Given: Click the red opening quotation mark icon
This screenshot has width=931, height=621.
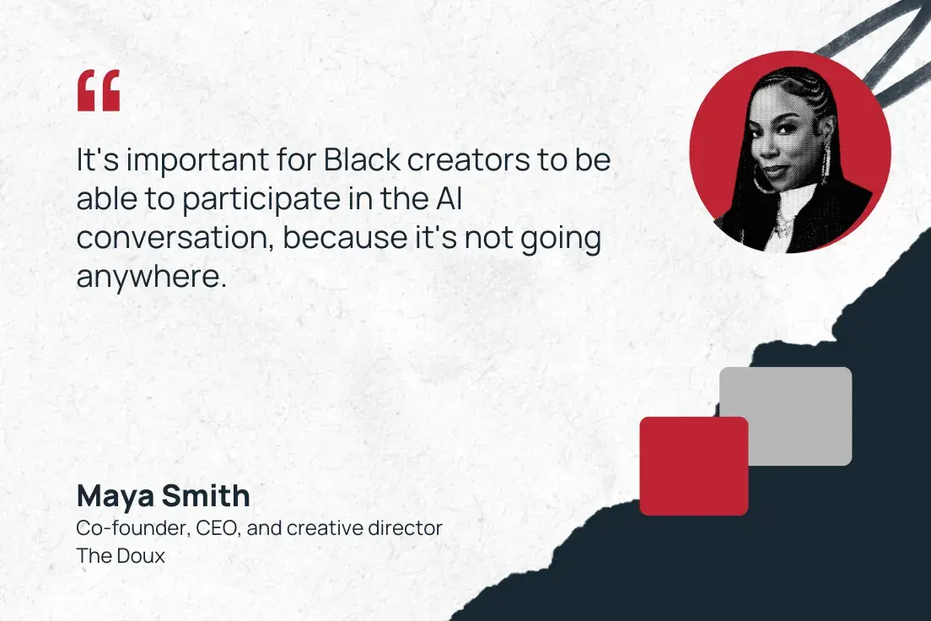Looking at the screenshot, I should click(99, 91).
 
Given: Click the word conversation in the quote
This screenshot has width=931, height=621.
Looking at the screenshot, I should click(174, 238).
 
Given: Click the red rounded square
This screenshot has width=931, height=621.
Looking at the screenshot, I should click(693, 466).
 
